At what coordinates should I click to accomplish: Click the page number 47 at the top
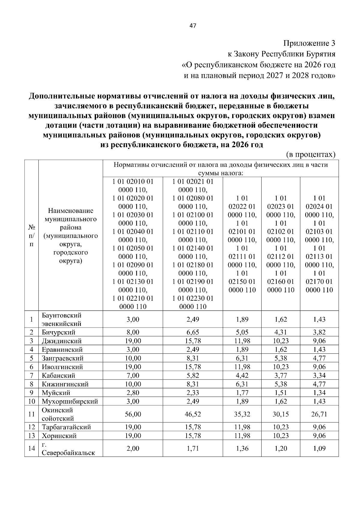click(193, 26)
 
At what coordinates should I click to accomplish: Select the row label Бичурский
click(58, 332)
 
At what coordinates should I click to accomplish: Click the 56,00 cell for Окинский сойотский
click(133, 414)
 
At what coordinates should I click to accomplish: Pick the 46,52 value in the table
click(193, 414)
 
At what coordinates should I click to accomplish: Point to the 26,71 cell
click(319, 414)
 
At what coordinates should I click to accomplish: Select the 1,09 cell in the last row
click(319, 448)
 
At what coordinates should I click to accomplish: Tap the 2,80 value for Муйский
click(133, 393)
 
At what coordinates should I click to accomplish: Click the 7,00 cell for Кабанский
click(133, 375)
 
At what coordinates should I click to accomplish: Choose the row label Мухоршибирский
click(70, 401)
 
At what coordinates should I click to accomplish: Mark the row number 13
click(31, 436)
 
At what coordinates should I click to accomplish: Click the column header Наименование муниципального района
click(71, 236)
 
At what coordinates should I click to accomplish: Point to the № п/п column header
click(31, 236)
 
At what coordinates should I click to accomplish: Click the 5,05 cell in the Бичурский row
click(242, 332)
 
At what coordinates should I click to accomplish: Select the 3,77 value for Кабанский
click(280, 375)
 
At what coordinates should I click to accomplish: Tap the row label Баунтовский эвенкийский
click(62, 320)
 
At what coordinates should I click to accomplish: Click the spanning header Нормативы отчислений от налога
click(221, 169)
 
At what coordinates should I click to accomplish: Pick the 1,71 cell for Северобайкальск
click(193, 448)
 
